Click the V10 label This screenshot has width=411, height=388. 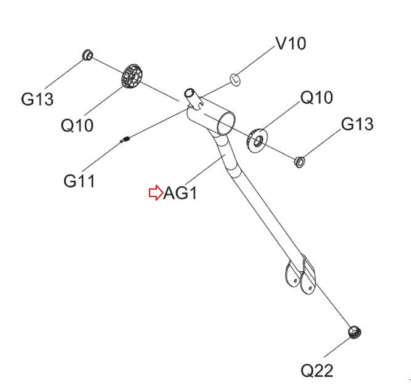[291, 43]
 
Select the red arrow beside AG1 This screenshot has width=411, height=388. [156, 193]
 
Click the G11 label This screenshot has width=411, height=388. [79, 181]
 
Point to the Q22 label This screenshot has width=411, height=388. [317, 371]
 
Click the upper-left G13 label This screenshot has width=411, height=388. [37, 99]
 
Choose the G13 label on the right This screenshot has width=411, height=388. [357, 124]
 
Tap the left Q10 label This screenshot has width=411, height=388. [77, 126]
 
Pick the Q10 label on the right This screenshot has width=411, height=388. [316, 98]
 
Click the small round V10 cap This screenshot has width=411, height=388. [235, 80]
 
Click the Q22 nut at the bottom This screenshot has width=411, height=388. [354, 332]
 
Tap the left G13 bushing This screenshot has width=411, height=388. [87, 55]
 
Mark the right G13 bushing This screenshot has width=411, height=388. [299, 162]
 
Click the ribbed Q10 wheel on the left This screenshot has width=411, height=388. [132, 77]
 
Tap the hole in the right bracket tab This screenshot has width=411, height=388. [310, 288]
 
